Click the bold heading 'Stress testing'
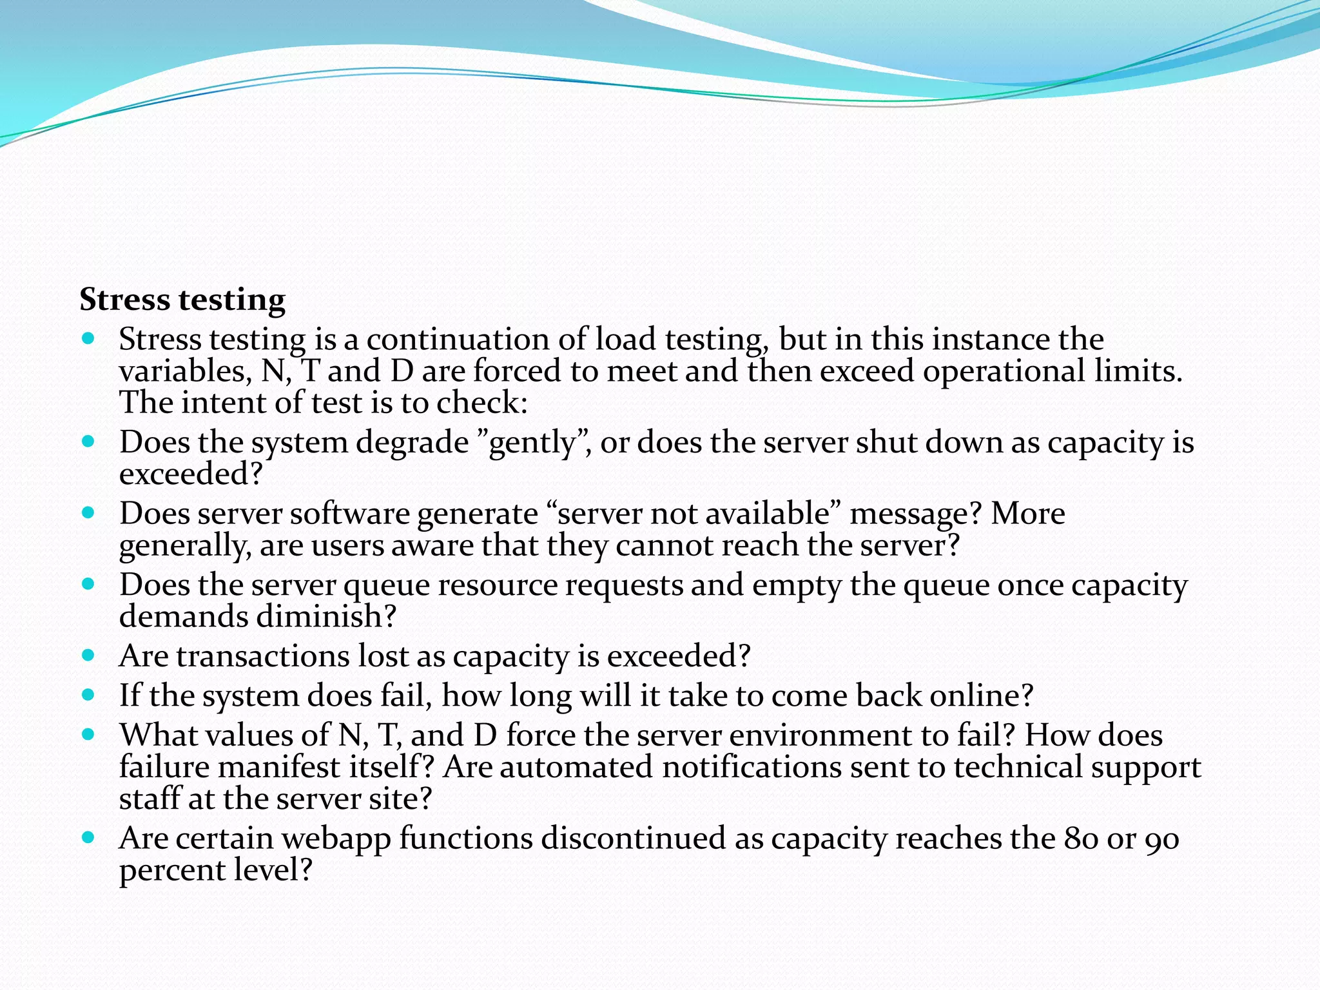[182, 300]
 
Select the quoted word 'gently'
[531, 443]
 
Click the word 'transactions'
[262, 656]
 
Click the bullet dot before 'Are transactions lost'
[89, 655]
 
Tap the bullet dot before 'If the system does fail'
[89, 695]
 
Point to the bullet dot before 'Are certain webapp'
[89, 838]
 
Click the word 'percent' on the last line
[171, 870]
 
